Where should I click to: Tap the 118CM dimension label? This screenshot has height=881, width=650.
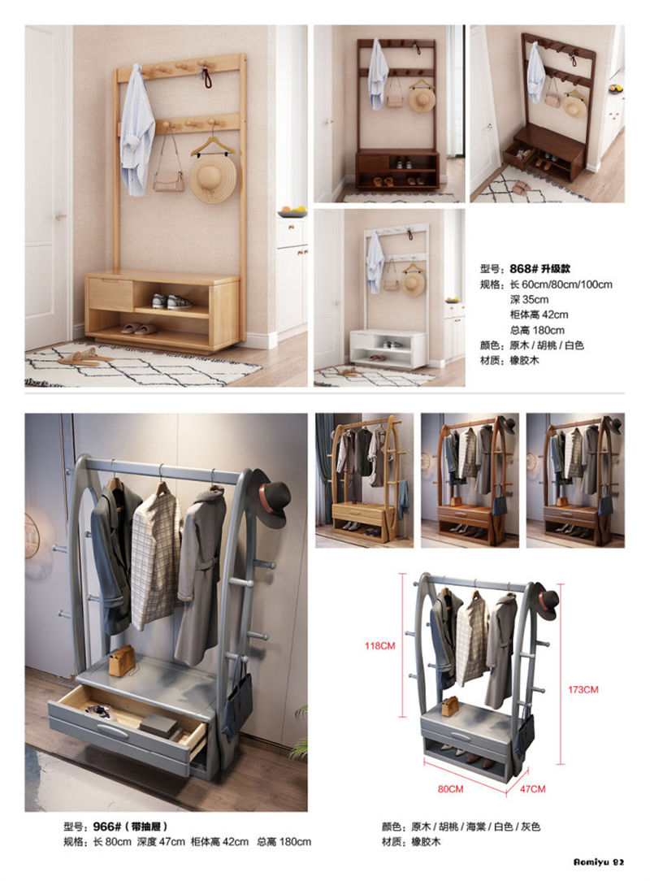(380, 645)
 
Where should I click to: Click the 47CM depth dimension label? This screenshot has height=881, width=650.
(532, 788)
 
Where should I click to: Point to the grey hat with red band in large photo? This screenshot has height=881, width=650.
(273, 497)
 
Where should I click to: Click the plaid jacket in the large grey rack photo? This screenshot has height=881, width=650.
(156, 561)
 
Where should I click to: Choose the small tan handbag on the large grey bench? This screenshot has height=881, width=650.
(122, 660)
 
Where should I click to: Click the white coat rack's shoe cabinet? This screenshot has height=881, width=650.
(388, 348)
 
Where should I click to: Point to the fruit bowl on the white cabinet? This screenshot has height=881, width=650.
(292, 212)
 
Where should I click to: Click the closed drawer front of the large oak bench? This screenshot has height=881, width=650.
(110, 294)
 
